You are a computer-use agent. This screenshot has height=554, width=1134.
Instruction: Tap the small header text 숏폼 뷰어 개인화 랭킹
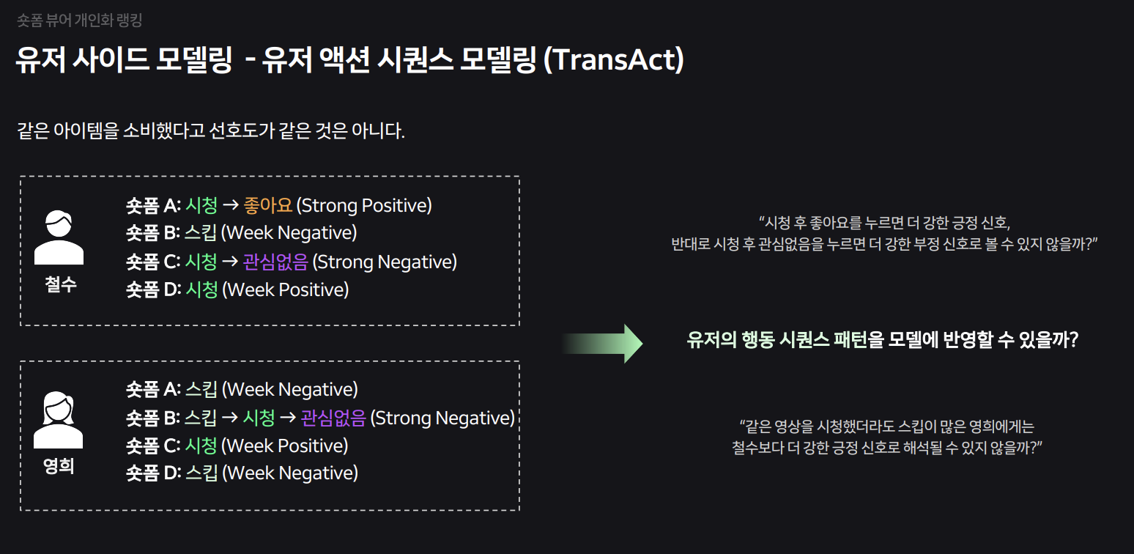coord(80,20)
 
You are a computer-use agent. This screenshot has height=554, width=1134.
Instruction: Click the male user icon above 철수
coord(59,237)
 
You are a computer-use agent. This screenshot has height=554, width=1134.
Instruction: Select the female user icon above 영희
coord(59,420)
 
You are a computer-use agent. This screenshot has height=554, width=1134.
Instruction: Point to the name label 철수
coord(60,284)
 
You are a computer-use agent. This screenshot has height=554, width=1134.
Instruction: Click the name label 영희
coord(59,466)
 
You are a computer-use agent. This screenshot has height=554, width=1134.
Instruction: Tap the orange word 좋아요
coord(267,205)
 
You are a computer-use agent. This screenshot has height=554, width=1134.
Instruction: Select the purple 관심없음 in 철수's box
coord(277,262)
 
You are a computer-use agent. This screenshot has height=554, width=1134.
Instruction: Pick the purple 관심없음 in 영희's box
coord(333,418)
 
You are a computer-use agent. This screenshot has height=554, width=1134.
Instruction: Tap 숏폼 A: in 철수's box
coord(153,205)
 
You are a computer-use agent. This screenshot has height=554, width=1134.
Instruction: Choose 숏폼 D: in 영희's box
coord(153,473)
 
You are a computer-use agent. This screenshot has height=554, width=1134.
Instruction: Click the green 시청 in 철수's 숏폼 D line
coord(201,289)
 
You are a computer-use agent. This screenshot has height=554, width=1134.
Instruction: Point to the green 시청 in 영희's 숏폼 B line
coord(259,418)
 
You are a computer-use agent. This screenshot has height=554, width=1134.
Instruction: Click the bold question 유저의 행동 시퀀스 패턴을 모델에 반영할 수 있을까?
coord(883,340)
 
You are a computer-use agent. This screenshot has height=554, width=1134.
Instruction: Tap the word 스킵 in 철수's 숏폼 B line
coord(201,233)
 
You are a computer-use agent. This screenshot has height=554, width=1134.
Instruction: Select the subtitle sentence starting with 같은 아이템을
coord(211,132)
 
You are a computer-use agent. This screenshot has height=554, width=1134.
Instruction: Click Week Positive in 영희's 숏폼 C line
coord(284,446)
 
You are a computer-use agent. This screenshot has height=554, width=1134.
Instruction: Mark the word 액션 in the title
coord(342,60)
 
